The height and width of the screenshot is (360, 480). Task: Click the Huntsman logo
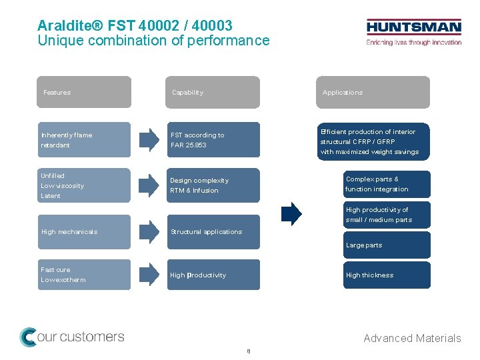tap(413, 32)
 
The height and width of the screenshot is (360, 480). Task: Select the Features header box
tap(84, 92)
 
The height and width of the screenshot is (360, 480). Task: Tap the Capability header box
tap(213, 92)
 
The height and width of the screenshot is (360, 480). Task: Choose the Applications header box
tap(373, 92)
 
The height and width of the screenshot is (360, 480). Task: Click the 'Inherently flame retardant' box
tap(84, 140)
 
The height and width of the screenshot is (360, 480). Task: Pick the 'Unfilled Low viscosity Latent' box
tap(84, 186)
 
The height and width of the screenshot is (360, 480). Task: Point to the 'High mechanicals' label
tap(69, 232)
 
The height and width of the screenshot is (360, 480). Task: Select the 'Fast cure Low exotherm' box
tap(84, 275)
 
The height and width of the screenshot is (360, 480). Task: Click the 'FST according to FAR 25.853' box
tap(213, 140)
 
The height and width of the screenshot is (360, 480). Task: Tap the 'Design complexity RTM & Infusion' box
tap(213, 185)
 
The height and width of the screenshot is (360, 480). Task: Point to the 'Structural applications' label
tap(207, 232)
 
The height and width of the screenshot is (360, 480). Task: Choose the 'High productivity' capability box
tap(213, 275)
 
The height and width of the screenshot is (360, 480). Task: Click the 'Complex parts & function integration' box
tap(387, 184)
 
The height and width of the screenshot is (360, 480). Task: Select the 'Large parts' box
tap(387, 245)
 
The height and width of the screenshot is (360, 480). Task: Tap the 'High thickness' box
tap(387, 275)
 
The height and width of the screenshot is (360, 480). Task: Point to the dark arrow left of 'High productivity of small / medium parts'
tap(291, 214)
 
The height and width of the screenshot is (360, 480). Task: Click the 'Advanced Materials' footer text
tap(412, 338)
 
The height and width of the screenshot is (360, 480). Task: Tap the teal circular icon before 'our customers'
tap(29, 337)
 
